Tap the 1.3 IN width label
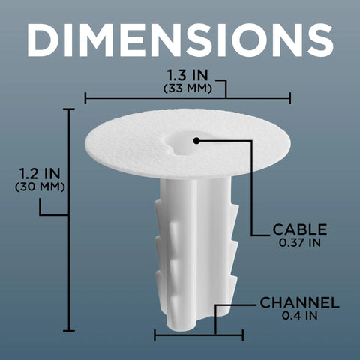pos(187,76)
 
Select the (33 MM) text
pos(187,88)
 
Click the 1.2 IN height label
pos(40,173)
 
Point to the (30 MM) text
pos(40,187)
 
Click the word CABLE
pos(300,229)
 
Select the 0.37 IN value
pos(299,242)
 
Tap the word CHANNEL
pos(300,303)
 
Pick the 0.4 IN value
pos(299,316)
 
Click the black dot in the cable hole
pos(196,140)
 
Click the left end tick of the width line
pos(85,97)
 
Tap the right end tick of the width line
pos(290,97)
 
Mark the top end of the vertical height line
pos(69,109)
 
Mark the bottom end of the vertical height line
pos(69,331)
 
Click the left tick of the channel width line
pos(155,334)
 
